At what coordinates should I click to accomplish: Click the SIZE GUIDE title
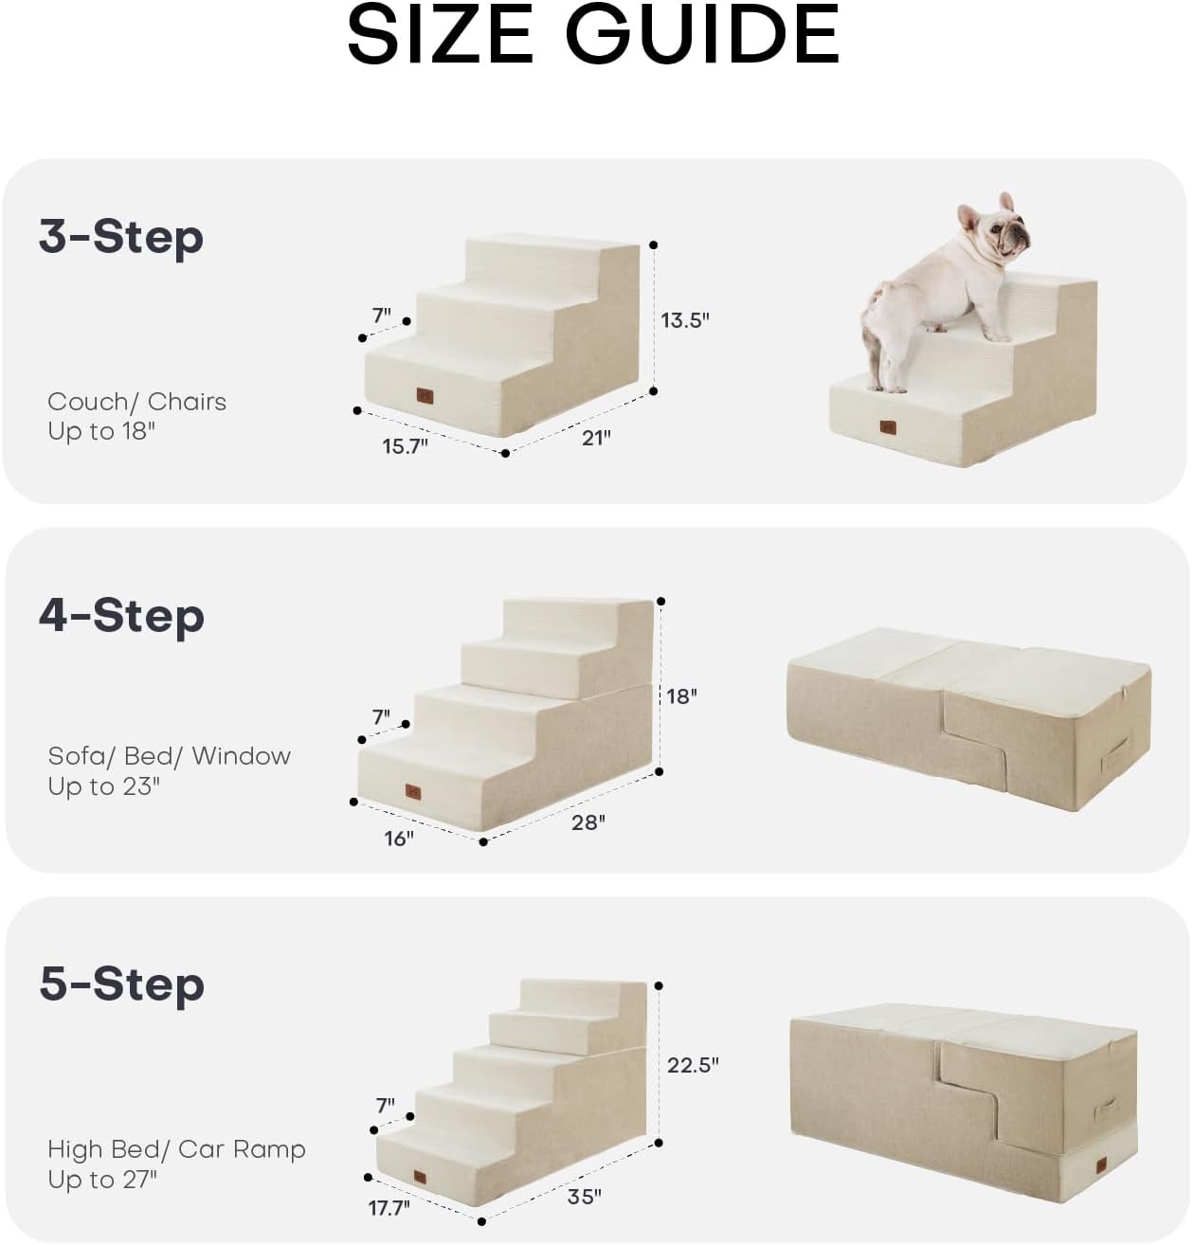(593, 35)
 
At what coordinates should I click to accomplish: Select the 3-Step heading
(121, 236)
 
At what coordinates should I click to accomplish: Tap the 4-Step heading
(121, 615)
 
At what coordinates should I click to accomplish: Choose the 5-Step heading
(121, 983)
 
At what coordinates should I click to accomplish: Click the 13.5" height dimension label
(684, 320)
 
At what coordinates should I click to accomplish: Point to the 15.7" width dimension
(405, 446)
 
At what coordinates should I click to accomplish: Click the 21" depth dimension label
(595, 437)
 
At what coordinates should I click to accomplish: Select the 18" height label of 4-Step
(681, 696)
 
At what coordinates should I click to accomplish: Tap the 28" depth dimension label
(587, 822)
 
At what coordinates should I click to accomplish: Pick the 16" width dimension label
(398, 839)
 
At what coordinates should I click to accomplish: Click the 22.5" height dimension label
(693, 1065)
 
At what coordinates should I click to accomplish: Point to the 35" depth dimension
(584, 1197)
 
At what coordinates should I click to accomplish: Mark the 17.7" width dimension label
(388, 1208)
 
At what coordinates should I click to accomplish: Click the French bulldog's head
(994, 227)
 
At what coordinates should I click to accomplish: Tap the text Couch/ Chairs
(137, 402)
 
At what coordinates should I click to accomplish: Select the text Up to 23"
(104, 786)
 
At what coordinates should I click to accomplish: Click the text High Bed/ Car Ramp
(176, 1149)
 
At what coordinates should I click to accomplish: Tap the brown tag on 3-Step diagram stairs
(424, 395)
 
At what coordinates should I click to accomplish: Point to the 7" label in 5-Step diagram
(385, 1106)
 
